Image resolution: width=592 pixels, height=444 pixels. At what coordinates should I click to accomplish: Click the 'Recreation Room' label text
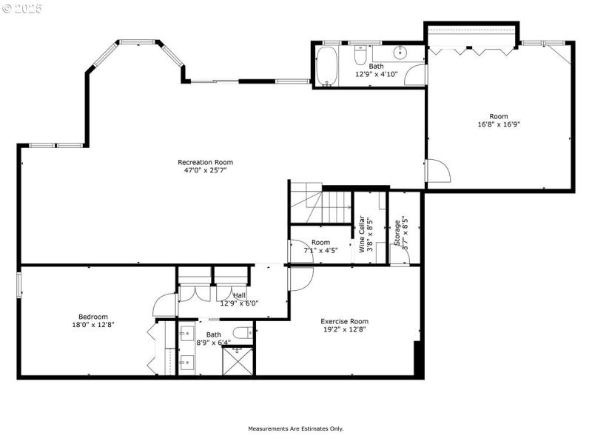coord(205,162)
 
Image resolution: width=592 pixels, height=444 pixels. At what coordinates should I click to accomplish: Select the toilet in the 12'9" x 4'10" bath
coord(361,55)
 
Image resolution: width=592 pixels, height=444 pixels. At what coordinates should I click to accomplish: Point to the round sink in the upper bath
coord(400,53)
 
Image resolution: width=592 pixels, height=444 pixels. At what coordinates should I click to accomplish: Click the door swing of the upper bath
coord(416,74)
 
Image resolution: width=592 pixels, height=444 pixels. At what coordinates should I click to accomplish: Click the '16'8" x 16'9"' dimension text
coord(498,125)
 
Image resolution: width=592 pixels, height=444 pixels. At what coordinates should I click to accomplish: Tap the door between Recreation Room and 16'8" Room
coord(437,171)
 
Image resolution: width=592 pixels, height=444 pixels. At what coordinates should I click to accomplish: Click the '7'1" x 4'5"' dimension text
coord(320,250)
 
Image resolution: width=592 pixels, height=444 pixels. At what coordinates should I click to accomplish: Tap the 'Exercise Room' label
coord(344,321)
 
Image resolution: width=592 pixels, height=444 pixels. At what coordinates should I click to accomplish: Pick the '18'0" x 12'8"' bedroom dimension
coord(92,324)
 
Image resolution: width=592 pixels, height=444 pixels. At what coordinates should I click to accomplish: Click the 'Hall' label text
coord(239,295)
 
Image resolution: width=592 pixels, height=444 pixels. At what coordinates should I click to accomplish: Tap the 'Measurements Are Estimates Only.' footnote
coord(295,428)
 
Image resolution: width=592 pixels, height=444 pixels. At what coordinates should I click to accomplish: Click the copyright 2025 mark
coord(23,9)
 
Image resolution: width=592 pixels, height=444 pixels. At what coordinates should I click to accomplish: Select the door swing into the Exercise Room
coord(300,277)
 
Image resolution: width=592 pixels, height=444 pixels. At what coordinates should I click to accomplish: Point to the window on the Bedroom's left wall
coord(19,286)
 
